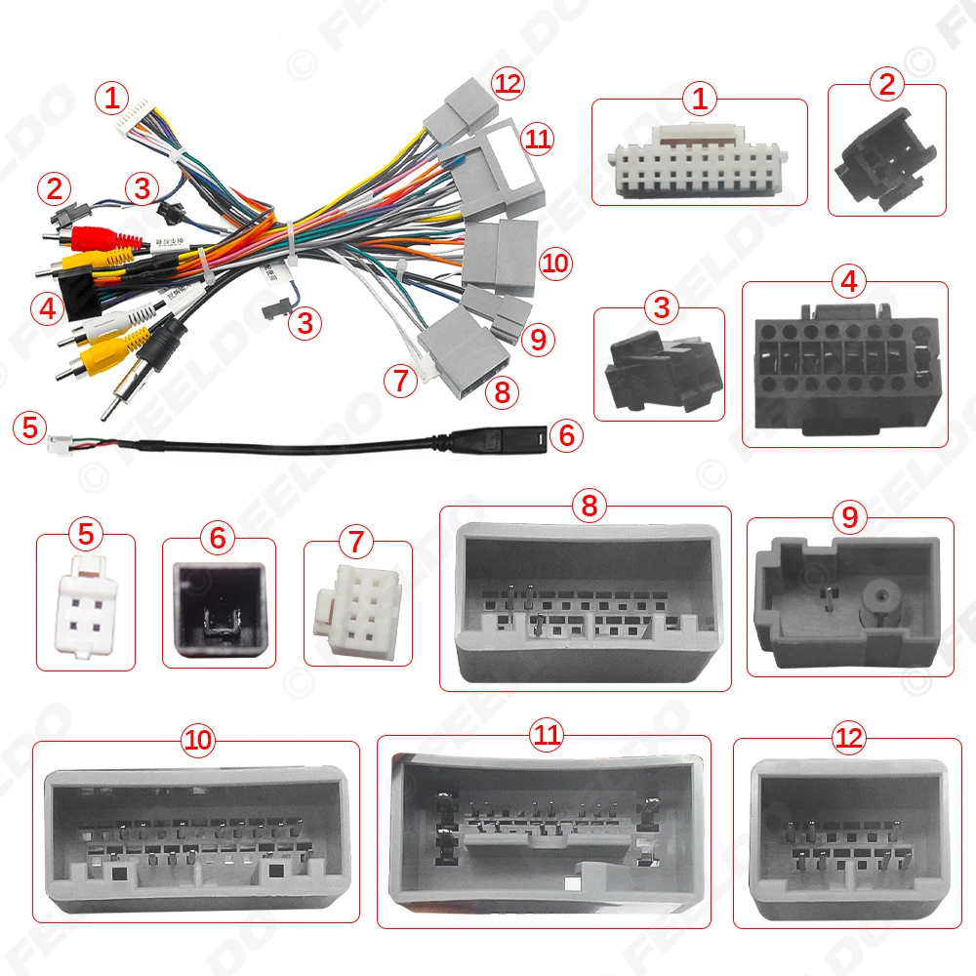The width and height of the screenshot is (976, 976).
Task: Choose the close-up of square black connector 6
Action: click(218, 604)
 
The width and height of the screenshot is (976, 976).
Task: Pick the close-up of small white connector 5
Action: click(87, 605)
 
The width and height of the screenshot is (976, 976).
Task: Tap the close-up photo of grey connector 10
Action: click(196, 836)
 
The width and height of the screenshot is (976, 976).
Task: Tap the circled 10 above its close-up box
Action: click(198, 740)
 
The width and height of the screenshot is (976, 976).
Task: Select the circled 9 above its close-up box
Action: click(848, 516)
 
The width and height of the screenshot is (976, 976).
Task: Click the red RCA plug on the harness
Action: click(96, 238)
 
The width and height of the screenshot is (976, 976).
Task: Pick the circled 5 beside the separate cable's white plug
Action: click(31, 427)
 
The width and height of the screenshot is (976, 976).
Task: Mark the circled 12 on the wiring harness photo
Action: click(508, 85)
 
